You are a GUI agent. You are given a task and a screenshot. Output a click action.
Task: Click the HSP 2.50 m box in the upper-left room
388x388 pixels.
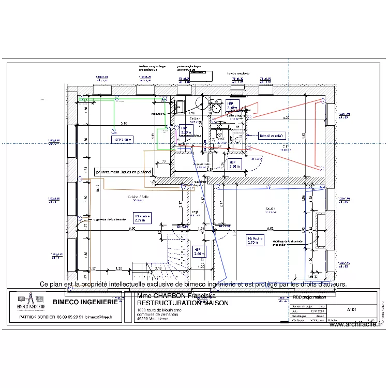coord(122,140)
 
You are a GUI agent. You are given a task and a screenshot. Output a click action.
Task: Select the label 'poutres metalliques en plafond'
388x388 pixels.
coord(124,172)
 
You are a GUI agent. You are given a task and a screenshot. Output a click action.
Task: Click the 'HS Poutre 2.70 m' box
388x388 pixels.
coord(255,240)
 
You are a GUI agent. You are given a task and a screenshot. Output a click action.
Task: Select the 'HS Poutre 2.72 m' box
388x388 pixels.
coord(142,218)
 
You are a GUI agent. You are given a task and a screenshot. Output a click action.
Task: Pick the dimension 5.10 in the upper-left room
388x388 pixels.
coord(124,124)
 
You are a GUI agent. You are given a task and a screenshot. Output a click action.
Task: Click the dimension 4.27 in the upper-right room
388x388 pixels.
coord(286,118)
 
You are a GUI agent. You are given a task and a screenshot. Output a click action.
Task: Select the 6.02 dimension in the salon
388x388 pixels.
coord(270,228)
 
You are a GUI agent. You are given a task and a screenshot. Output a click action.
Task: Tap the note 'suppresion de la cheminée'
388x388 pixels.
coord(109,219)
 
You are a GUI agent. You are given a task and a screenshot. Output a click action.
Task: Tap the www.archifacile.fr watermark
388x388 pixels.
coord(355,325)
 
